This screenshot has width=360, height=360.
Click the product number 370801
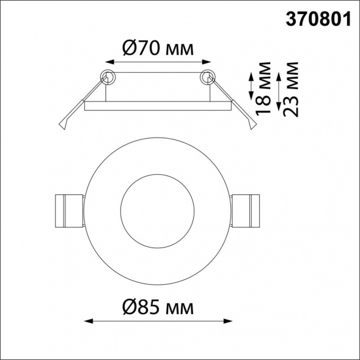coord(318,20)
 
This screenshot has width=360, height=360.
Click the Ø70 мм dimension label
coord(158,48)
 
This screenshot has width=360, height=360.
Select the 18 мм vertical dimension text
coord(263,89)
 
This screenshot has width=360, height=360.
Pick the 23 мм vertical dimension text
coord(291,89)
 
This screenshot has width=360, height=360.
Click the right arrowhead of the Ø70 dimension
coord(207,62)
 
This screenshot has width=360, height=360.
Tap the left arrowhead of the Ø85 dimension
coord(89,321)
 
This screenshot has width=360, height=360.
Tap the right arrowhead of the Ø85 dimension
coord(228,321)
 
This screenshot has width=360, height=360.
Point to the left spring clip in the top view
coord(70,211)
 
